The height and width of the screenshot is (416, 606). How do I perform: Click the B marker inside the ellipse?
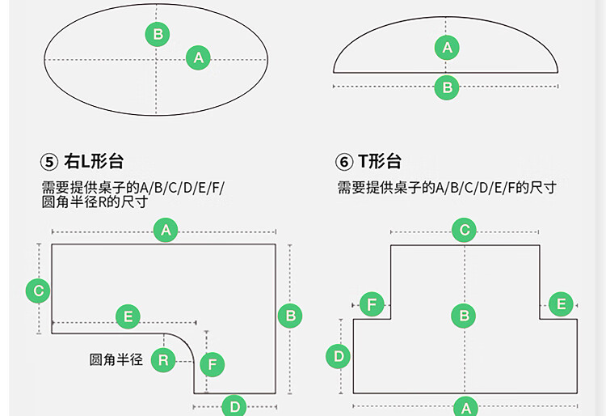tap(158, 34)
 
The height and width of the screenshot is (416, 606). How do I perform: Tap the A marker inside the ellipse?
tap(198, 57)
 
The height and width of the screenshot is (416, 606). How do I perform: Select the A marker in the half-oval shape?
tap(447, 48)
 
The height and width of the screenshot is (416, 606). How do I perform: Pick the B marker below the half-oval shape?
tap(447, 87)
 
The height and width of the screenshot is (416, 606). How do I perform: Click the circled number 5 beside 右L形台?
tap(50, 162)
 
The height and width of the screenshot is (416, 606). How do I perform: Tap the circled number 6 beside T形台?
tap(345, 162)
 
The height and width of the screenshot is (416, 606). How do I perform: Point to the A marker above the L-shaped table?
tap(166, 231)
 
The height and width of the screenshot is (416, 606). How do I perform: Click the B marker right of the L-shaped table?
tap(291, 316)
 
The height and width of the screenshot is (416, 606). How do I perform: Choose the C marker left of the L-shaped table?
tap(37, 290)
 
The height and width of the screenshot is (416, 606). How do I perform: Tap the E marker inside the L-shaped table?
tap(128, 316)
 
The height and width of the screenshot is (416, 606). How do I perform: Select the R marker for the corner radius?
tap(163, 359)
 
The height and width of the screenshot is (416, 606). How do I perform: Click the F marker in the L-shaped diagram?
tap(213, 365)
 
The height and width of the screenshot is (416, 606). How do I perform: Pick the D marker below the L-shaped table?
tap(234, 405)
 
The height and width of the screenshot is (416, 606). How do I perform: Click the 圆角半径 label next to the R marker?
tap(116, 359)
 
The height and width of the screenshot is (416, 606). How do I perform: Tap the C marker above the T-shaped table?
tap(464, 231)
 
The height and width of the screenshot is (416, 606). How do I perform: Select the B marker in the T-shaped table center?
tap(464, 316)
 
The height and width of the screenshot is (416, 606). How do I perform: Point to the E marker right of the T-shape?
tap(560, 304)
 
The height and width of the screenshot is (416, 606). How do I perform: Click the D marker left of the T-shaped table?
tap(339, 355)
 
